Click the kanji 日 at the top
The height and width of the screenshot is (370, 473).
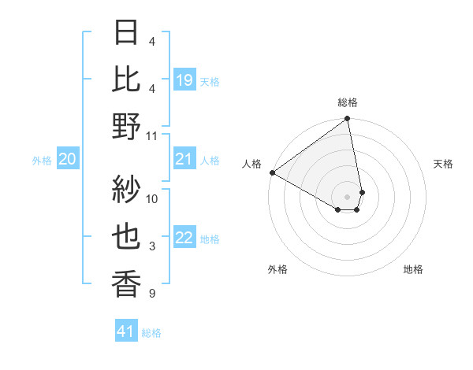[126, 34]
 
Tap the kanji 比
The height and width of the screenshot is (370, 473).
[126, 80]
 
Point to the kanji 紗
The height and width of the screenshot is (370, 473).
[126, 190]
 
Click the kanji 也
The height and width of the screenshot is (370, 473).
[126, 238]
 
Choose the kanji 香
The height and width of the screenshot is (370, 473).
[126, 284]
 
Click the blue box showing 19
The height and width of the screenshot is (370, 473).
[184, 80]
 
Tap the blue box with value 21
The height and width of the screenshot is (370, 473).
[184, 160]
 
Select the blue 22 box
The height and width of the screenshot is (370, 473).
[184, 239]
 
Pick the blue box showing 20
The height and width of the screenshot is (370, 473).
[68, 160]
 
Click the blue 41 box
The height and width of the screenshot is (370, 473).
[126, 331]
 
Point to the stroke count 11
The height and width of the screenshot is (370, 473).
[152, 135]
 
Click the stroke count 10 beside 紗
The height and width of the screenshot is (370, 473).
[152, 198]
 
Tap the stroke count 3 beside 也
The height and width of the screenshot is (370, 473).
[152, 246]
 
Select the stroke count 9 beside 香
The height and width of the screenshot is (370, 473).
[152, 294]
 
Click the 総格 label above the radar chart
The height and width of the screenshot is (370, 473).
[348, 102]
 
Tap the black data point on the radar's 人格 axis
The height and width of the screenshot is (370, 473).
[271, 172]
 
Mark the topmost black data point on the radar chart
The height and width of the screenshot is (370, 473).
[347, 120]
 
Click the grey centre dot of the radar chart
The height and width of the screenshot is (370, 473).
[348, 196]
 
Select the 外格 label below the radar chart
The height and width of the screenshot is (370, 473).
[277, 269]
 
